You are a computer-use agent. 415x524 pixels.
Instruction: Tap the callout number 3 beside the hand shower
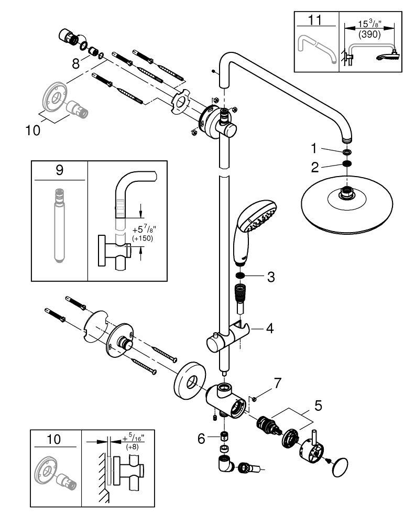tap(270, 277)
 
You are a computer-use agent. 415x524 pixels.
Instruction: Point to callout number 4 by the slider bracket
tap(269, 329)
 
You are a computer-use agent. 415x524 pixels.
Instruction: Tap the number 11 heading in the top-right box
tap(316, 21)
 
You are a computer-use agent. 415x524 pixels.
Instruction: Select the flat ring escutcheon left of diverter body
tap(188, 379)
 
